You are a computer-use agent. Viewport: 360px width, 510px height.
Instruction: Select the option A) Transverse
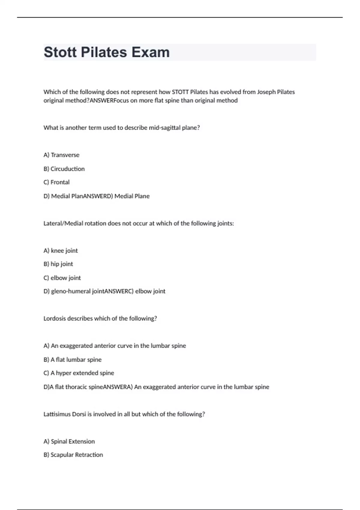point(61,155)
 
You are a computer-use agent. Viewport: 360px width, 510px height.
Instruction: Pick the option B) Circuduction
point(64,169)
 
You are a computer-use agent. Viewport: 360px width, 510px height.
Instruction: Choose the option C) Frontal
point(56,182)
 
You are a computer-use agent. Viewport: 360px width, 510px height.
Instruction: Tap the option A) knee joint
point(61,251)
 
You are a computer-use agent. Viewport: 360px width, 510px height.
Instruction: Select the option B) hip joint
point(58,264)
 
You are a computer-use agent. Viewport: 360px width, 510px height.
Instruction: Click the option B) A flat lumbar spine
point(73,360)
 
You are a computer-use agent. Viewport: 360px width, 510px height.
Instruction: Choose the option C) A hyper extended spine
point(79,373)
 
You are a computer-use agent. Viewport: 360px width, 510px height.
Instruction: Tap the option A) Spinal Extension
point(69,442)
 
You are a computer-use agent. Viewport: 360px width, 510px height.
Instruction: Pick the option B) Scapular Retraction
point(73,455)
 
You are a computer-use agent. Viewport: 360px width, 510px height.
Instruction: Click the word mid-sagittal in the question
point(165,128)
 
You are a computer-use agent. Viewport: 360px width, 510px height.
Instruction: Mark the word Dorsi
point(79,414)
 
